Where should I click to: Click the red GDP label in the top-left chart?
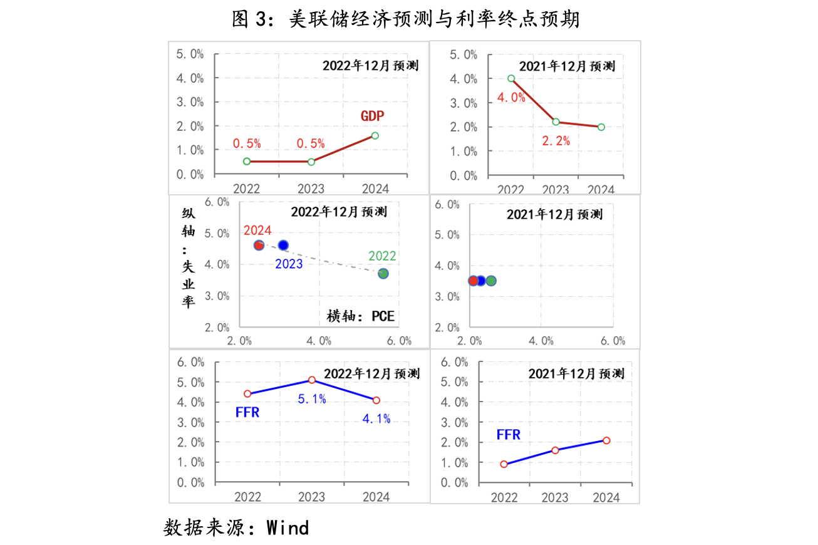click(372, 116)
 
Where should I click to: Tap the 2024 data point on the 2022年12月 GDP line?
click(375, 135)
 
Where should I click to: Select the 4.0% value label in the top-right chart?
click(512, 97)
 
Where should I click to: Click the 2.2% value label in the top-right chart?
click(556, 141)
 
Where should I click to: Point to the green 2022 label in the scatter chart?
click(382, 256)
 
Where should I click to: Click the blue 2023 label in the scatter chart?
click(289, 264)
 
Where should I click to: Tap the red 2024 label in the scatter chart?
click(257, 231)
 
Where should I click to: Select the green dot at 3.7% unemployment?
click(383, 274)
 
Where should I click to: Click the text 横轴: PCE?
click(361, 316)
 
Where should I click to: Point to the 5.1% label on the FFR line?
click(312, 398)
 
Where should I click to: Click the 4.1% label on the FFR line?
click(376, 418)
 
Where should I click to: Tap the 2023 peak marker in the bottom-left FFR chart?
click(312, 380)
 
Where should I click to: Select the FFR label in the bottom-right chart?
click(509, 434)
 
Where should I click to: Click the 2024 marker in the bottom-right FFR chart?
click(606, 440)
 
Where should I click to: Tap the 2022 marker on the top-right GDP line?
click(511, 79)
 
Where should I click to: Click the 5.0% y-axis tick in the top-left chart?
click(190, 54)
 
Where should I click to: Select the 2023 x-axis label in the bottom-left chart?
click(311, 497)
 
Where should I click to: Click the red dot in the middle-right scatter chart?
click(473, 281)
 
